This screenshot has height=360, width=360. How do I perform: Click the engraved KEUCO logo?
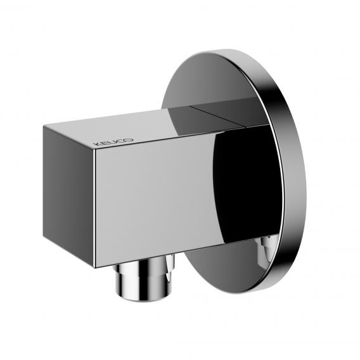[113, 142]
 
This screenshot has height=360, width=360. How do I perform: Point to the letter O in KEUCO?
[129, 139]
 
